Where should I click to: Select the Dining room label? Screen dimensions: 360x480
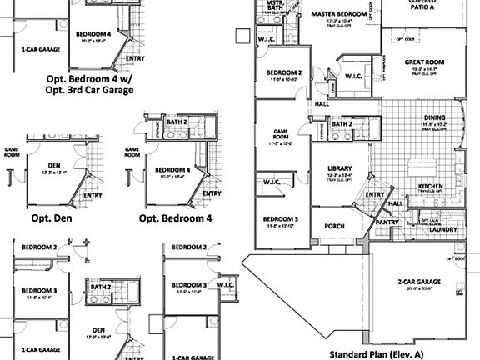433,118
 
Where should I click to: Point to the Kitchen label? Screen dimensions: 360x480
429,186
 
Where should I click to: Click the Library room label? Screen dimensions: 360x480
338,167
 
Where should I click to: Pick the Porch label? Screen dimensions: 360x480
334,225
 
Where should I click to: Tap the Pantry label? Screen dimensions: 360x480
387,222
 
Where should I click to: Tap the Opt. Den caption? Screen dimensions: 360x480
53,218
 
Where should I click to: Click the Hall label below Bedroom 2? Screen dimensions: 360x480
322,104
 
